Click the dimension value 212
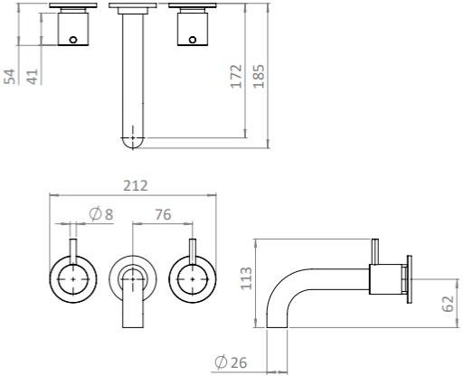(136, 185)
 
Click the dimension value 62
(449, 303)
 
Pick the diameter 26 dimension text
(232, 363)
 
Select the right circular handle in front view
(193, 280)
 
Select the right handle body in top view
(193, 32)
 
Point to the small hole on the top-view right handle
(192, 39)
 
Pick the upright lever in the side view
(373, 253)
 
